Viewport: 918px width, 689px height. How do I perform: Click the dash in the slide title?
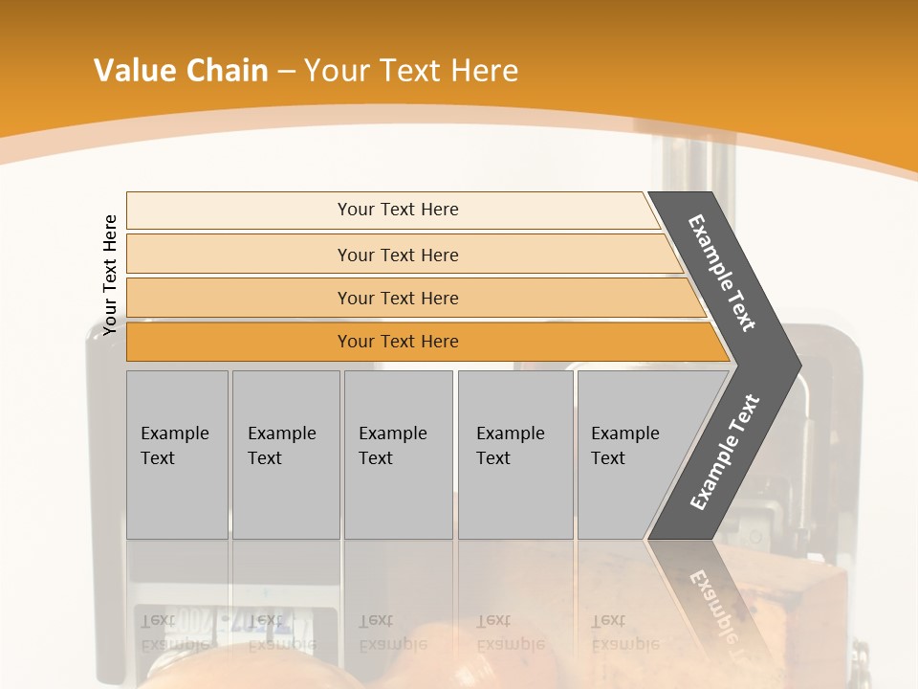point(286,72)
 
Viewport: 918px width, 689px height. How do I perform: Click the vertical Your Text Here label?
point(110,276)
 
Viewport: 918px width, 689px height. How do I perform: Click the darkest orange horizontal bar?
point(239,342)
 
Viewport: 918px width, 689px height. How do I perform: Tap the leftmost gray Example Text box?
point(177,455)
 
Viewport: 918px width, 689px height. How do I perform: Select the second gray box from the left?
point(286,455)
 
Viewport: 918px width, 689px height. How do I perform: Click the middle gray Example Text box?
point(398,455)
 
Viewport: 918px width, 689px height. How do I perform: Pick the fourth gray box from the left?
point(515,455)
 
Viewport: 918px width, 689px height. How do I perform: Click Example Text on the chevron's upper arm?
point(722,273)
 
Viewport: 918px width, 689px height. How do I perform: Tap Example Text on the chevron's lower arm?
point(725,453)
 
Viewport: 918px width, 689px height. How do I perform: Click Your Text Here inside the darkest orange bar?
point(398,342)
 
